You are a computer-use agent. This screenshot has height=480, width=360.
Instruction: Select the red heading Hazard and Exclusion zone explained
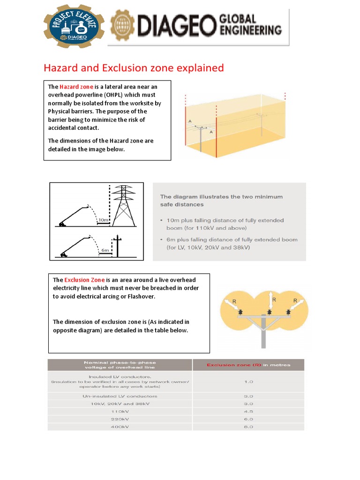pos(134,68)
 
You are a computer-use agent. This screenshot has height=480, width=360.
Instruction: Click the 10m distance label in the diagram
pos(104,219)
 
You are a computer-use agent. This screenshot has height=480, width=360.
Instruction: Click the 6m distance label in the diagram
pos(105,250)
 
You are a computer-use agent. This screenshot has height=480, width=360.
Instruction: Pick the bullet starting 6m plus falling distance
pos(229,243)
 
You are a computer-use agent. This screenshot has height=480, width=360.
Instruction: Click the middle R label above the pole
pos(274,299)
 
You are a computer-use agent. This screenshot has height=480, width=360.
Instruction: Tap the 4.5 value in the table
pos(248,411)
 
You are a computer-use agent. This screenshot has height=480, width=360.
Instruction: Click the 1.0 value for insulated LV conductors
pos(248,382)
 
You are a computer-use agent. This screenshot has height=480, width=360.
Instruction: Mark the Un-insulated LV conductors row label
pos(120,396)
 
